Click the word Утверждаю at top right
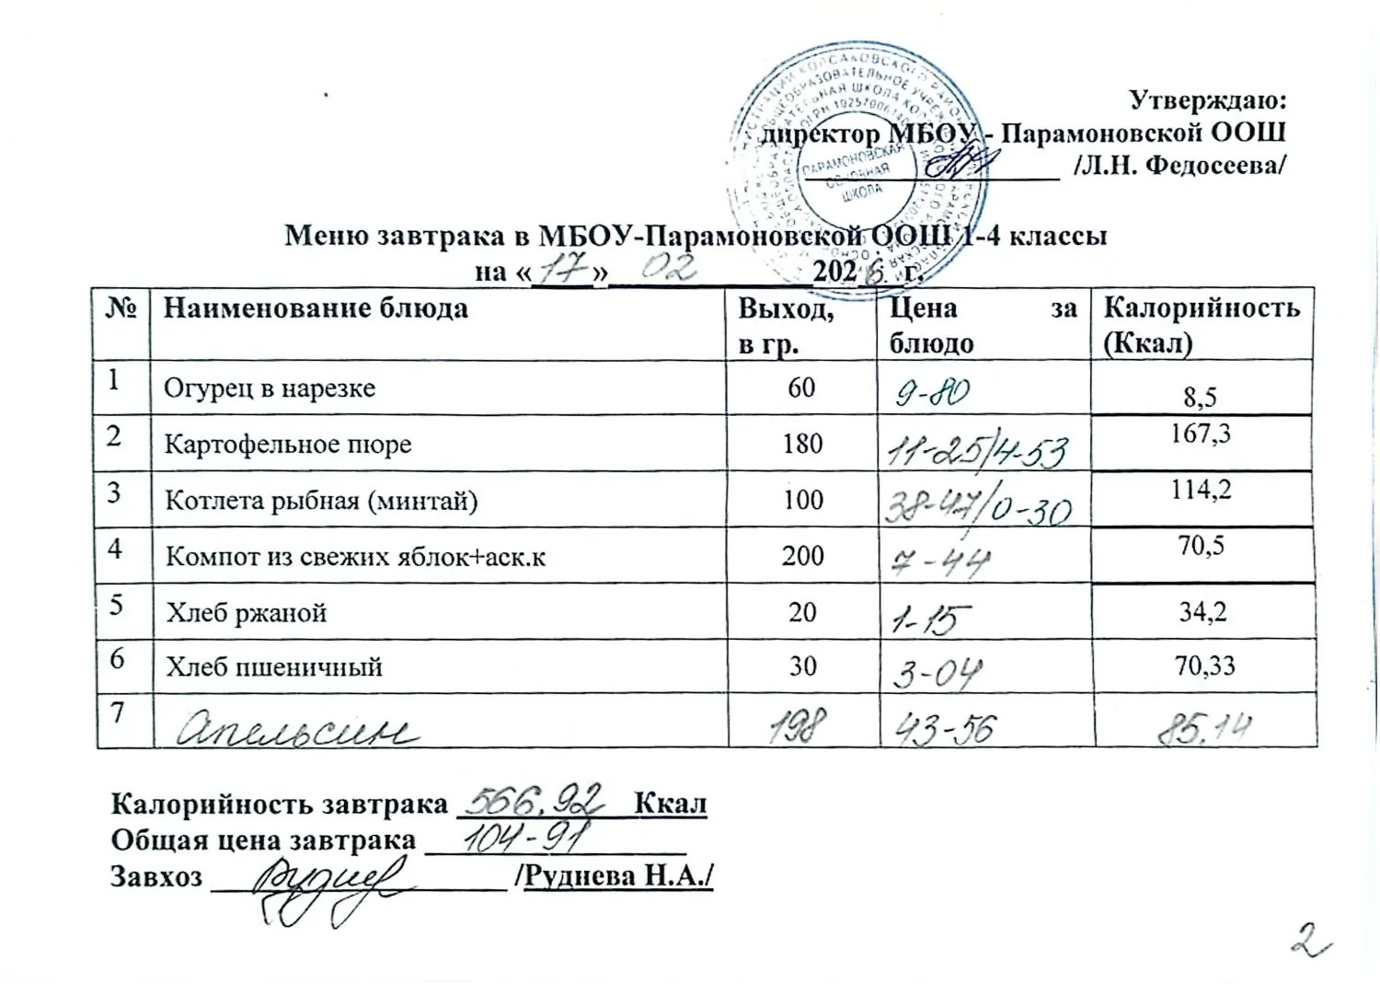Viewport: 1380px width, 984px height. click(1206, 98)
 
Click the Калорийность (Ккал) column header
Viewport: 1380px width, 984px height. click(1201, 324)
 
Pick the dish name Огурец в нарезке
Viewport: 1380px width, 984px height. click(270, 388)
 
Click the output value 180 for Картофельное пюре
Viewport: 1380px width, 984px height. click(801, 444)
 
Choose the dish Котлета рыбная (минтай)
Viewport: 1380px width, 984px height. click(321, 501)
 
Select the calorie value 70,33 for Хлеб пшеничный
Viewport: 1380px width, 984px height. click(1204, 665)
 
